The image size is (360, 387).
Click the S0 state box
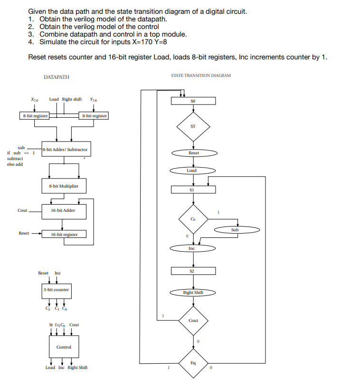coord(193,101)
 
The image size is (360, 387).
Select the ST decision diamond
coord(193,126)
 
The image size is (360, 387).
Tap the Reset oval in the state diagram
coord(194,153)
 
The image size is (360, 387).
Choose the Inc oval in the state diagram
coord(192,248)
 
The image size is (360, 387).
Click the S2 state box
coord(193,270)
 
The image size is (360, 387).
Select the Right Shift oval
coord(193,293)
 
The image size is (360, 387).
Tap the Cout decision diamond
coord(193,321)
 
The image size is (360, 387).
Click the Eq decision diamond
coord(193,363)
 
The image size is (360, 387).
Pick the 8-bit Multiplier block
coord(64,186)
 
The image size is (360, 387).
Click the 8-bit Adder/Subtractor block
coord(65,150)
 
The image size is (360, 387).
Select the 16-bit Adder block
coord(63,210)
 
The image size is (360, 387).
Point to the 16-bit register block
coord(64,234)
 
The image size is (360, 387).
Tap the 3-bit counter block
coord(56,290)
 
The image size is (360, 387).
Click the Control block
coord(64,347)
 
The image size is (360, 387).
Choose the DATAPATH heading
coord(56,76)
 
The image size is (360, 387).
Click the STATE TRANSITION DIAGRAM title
coord(201,76)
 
